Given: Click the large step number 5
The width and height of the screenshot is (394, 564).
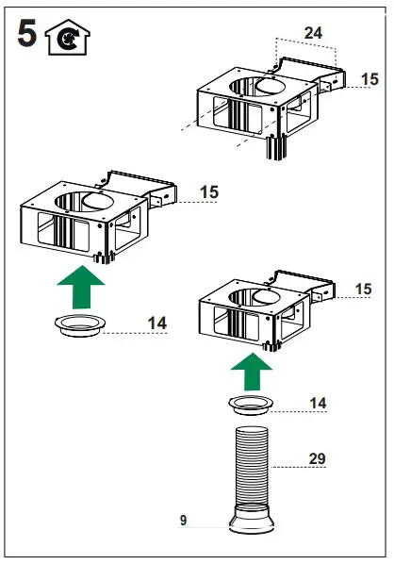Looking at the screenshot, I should [29, 36].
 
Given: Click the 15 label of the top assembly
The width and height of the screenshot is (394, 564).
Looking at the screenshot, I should [369, 80].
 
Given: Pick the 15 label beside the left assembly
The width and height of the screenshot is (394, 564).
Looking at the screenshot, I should [208, 192].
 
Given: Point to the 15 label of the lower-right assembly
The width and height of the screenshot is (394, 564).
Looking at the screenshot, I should [363, 289].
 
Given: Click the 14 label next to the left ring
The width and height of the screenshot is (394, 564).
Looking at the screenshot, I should [156, 323].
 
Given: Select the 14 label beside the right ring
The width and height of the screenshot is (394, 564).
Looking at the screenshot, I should [319, 403].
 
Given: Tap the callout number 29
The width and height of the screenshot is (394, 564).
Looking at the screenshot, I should [318, 458].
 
